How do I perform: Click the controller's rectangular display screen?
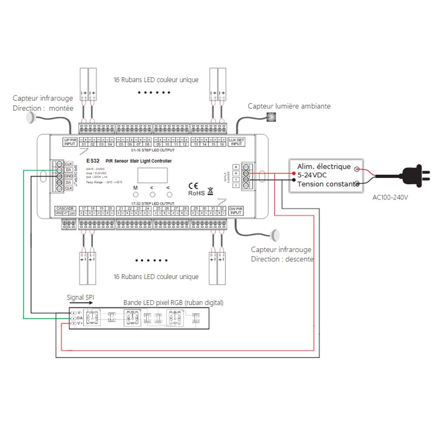(152, 175)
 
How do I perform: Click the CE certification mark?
(193, 184)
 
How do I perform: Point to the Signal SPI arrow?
(80, 304)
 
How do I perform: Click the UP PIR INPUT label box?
(70, 141)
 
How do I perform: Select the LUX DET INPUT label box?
(236, 141)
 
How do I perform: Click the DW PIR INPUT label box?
(235, 211)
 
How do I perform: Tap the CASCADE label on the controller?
(65, 208)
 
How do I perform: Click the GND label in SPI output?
(68, 176)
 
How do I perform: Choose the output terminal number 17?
(83, 208)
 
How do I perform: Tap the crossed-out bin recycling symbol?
(210, 191)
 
